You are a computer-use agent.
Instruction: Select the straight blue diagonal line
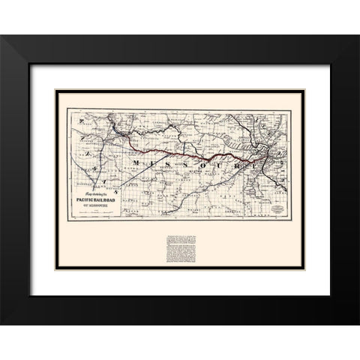[120, 181]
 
